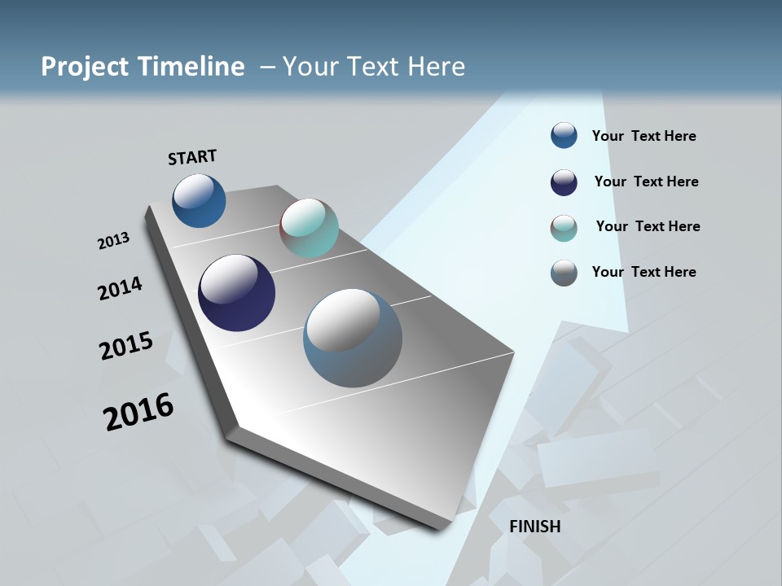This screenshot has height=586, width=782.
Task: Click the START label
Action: point(192,156)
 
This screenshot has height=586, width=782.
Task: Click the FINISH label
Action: point(534,527)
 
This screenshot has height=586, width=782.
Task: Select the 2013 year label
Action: point(113,241)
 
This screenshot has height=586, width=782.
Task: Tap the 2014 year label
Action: point(120,288)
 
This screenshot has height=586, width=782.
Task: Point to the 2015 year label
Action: point(126,346)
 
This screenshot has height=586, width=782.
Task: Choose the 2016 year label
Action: point(138,412)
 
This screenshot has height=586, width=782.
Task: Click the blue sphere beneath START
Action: point(199,200)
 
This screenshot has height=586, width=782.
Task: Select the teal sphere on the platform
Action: point(309,228)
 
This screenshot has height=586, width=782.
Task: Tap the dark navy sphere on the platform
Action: point(236,293)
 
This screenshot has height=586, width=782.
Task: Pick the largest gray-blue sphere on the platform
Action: point(353,338)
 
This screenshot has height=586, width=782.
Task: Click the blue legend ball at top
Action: point(564,135)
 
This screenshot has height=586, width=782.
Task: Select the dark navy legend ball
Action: point(564,182)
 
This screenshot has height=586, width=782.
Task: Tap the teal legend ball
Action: point(564,228)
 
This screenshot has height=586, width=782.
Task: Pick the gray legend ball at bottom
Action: point(564,273)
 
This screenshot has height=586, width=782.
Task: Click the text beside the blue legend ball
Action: point(644,136)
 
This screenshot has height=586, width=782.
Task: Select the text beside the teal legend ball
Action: point(648,226)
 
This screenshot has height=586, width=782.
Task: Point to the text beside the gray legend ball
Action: point(644,272)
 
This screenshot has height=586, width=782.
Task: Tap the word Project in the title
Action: point(84,67)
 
